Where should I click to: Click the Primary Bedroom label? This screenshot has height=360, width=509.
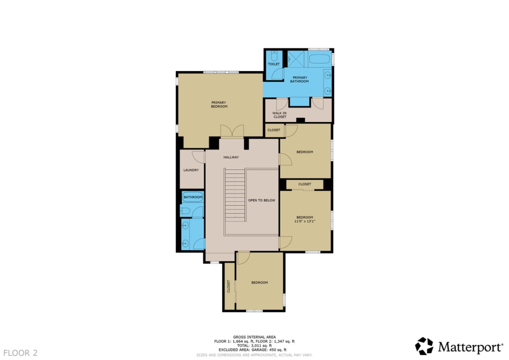click(219, 104)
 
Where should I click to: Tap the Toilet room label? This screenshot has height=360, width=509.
click(274, 64)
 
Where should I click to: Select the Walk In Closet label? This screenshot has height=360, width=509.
click(280, 115)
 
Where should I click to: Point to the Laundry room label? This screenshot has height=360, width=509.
click(191, 170)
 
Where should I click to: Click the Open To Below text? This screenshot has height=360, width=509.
click(262, 200)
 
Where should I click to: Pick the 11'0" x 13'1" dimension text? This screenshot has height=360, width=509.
click(305, 221)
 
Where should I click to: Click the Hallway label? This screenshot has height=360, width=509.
click(231, 157)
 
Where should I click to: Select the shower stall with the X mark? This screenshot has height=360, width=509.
click(296, 59)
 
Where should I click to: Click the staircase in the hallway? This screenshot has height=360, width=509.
click(235, 195)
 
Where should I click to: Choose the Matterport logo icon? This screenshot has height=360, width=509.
click(424, 346)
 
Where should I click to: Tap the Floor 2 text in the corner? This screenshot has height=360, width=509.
click(21, 353)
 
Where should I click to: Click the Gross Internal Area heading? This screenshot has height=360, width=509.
click(254, 337)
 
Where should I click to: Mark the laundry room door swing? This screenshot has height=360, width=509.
click(198, 157)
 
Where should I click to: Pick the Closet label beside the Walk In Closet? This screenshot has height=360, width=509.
click(274, 130)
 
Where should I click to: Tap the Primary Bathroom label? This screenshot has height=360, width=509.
click(299, 79)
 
